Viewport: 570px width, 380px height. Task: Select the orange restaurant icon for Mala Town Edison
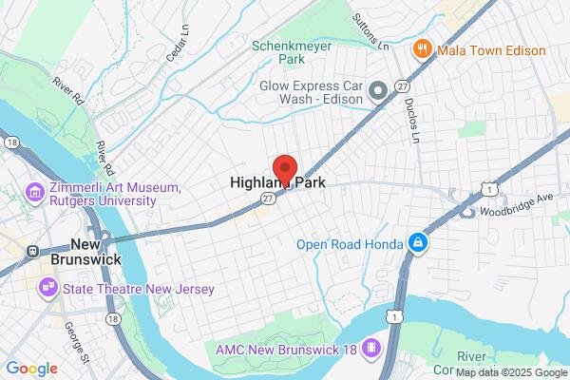point(420,49)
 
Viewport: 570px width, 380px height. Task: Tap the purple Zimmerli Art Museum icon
point(35,194)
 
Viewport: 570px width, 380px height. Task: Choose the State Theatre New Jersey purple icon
point(45,286)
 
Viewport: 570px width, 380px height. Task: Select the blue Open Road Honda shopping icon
point(416,243)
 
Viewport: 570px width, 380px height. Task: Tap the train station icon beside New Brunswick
point(31,252)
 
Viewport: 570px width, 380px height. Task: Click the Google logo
point(31,369)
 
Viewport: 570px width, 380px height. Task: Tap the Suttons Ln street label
point(370,31)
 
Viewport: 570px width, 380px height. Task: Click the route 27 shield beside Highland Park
point(269,197)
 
